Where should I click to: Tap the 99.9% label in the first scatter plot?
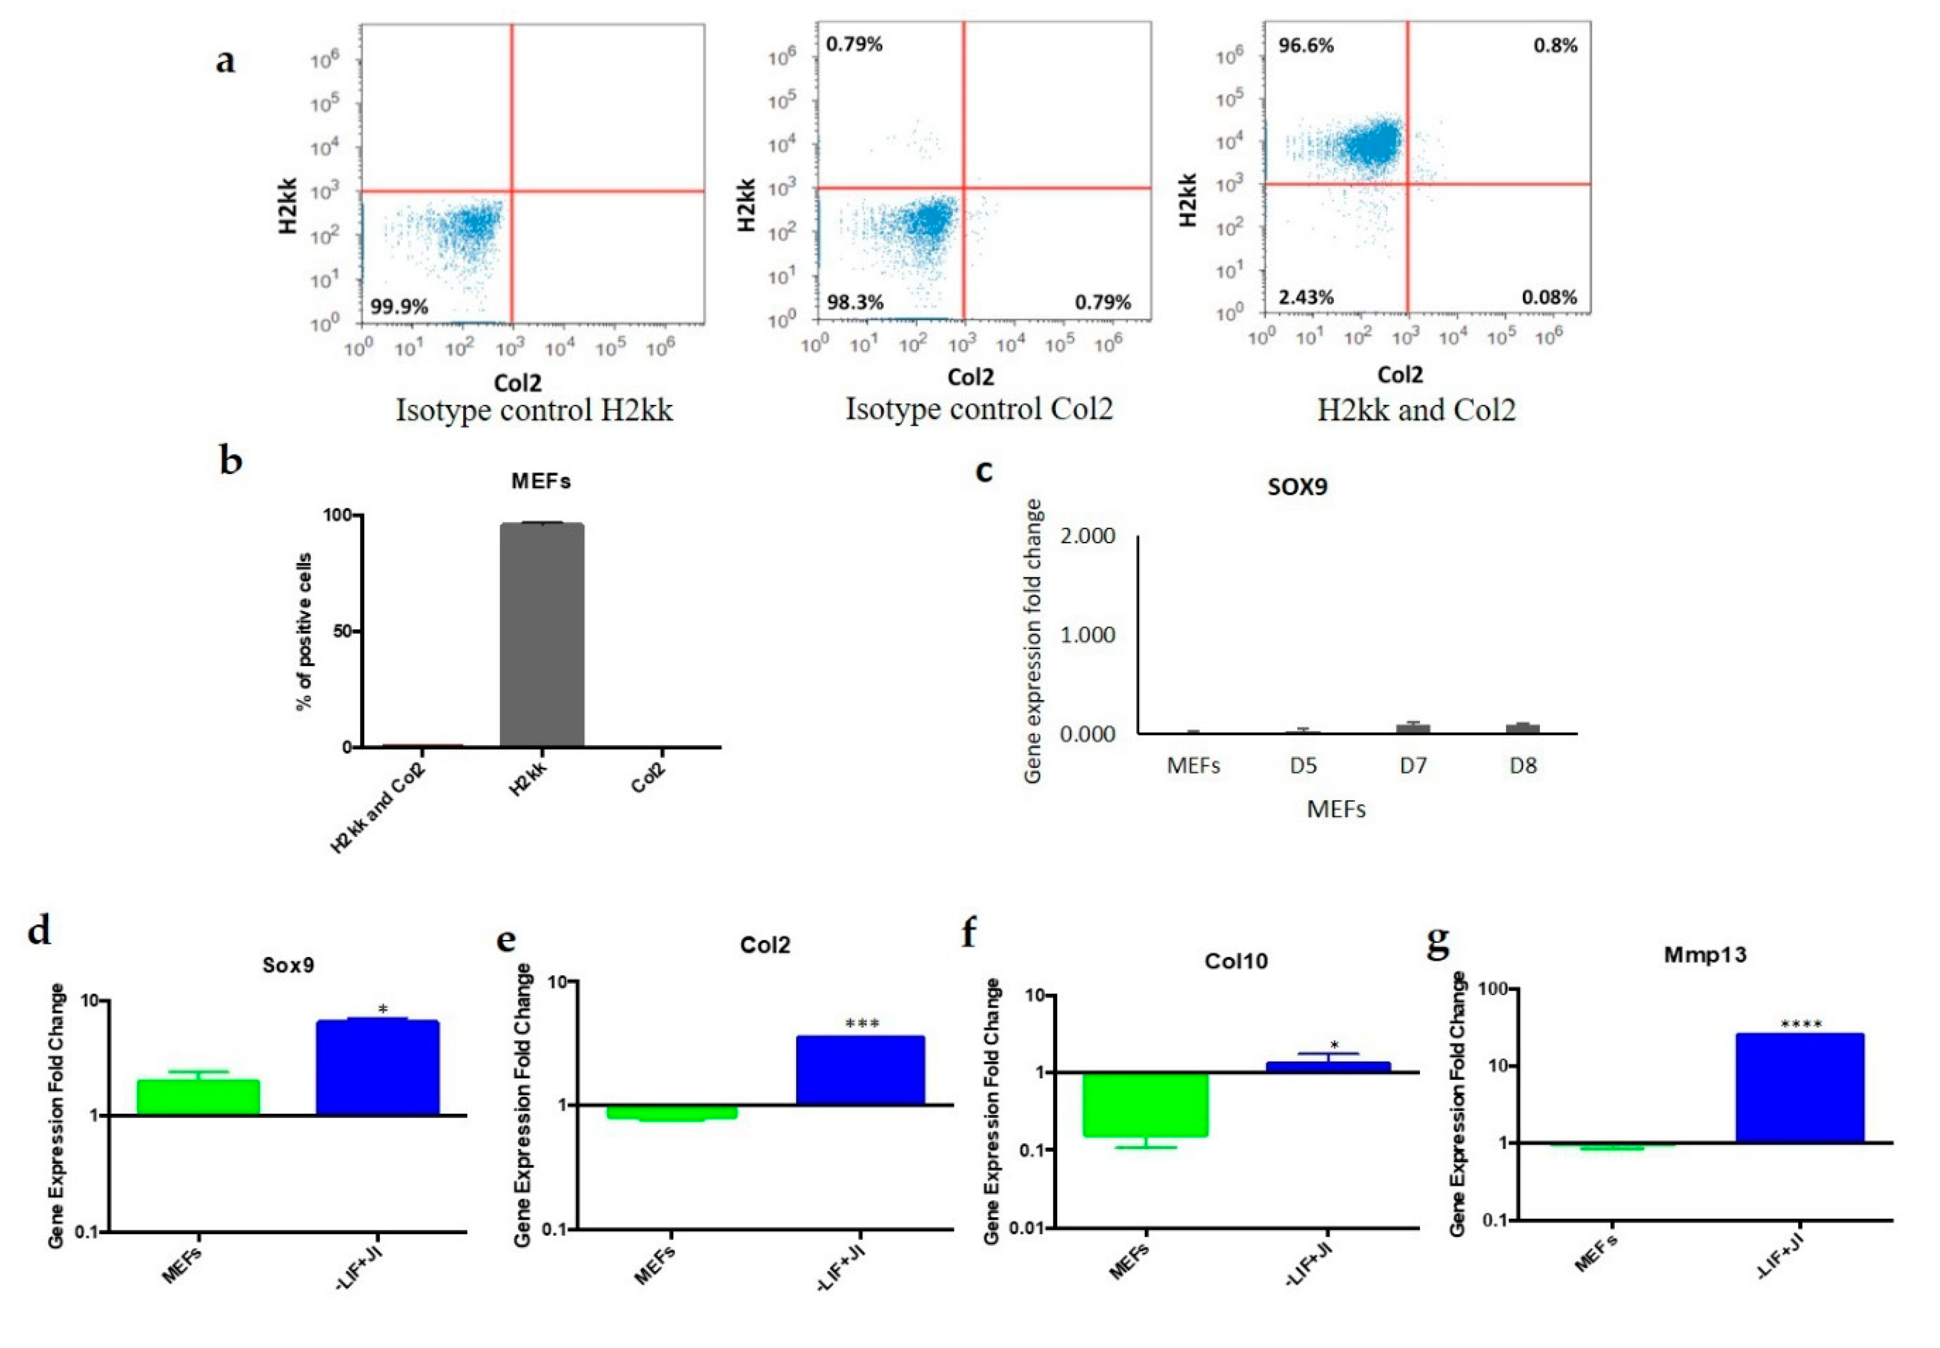(x=399, y=307)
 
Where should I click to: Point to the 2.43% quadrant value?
(x=1306, y=297)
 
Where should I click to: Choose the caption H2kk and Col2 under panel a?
(x=1416, y=410)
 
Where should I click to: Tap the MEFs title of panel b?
(x=540, y=481)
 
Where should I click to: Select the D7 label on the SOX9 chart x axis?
(x=1412, y=766)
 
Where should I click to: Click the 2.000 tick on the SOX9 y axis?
(x=1087, y=536)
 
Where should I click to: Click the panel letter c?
(x=983, y=470)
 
